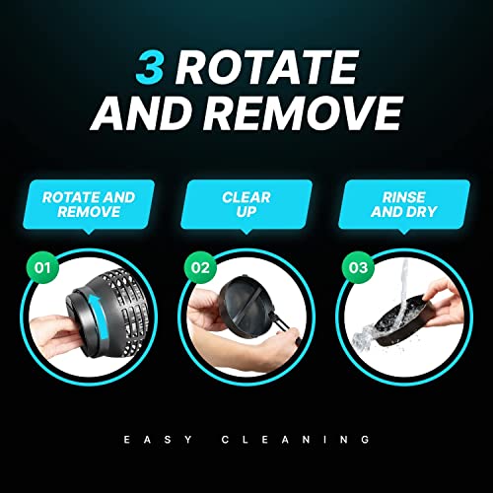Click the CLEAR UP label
(246, 205)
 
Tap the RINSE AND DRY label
(401, 205)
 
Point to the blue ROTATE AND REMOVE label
(89, 205)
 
